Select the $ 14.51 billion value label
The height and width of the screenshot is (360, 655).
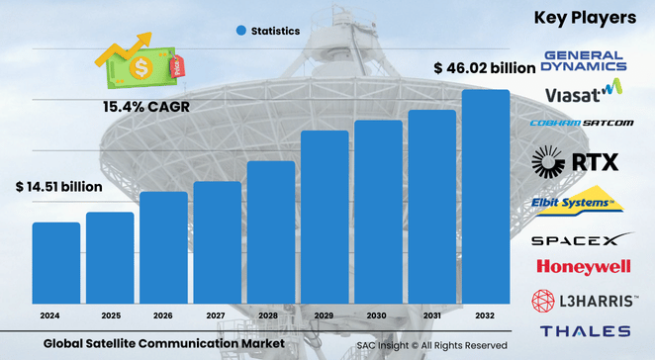[58, 186]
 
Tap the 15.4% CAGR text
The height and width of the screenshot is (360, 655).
[146, 105]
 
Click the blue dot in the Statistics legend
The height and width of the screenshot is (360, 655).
[240, 31]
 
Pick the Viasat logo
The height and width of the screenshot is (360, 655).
[582, 93]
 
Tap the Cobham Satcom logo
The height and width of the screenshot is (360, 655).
[582, 124]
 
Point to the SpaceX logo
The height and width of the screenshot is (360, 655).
[582, 239]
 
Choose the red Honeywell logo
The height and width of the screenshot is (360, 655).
[582, 267]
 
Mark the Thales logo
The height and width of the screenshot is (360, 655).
[585, 331]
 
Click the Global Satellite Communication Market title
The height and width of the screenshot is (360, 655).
[164, 342]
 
